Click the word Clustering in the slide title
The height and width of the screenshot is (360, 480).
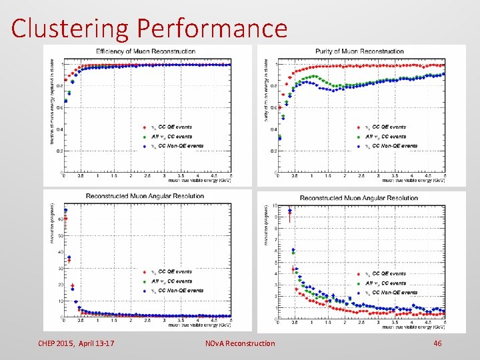coord(71,28)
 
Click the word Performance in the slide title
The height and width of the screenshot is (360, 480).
coord(212,28)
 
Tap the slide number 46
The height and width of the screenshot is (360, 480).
coord(437,343)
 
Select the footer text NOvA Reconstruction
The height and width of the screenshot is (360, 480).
coord(240,343)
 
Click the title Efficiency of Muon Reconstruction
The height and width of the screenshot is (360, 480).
coord(145,51)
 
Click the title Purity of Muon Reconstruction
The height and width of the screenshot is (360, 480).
coord(359,51)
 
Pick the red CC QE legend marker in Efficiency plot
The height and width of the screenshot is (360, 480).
coord(145,127)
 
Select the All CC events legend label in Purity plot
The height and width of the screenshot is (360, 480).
coord(390,136)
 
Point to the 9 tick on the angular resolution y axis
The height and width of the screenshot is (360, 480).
coord(275,216)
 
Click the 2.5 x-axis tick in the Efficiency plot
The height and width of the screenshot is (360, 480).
coord(147,177)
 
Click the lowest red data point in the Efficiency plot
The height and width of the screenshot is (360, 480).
coord(65,93)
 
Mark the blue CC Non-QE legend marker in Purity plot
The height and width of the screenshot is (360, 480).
coord(359,146)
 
